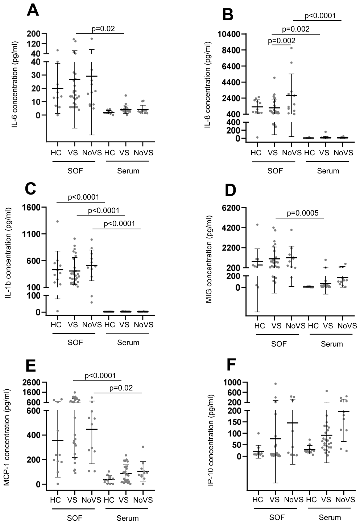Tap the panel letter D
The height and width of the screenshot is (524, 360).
click(x=231, y=189)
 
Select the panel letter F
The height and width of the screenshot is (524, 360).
click(x=231, y=365)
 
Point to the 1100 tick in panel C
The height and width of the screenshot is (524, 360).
click(x=32, y=234)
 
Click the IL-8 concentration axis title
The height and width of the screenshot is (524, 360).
click(x=208, y=85)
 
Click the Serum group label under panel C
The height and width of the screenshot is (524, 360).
click(x=128, y=343)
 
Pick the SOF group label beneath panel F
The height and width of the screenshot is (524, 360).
click(x=277, y=517)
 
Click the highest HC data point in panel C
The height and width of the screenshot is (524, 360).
click(x=57, y=221)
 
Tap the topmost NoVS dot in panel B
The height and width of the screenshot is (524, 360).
click(x=291, y=48)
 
